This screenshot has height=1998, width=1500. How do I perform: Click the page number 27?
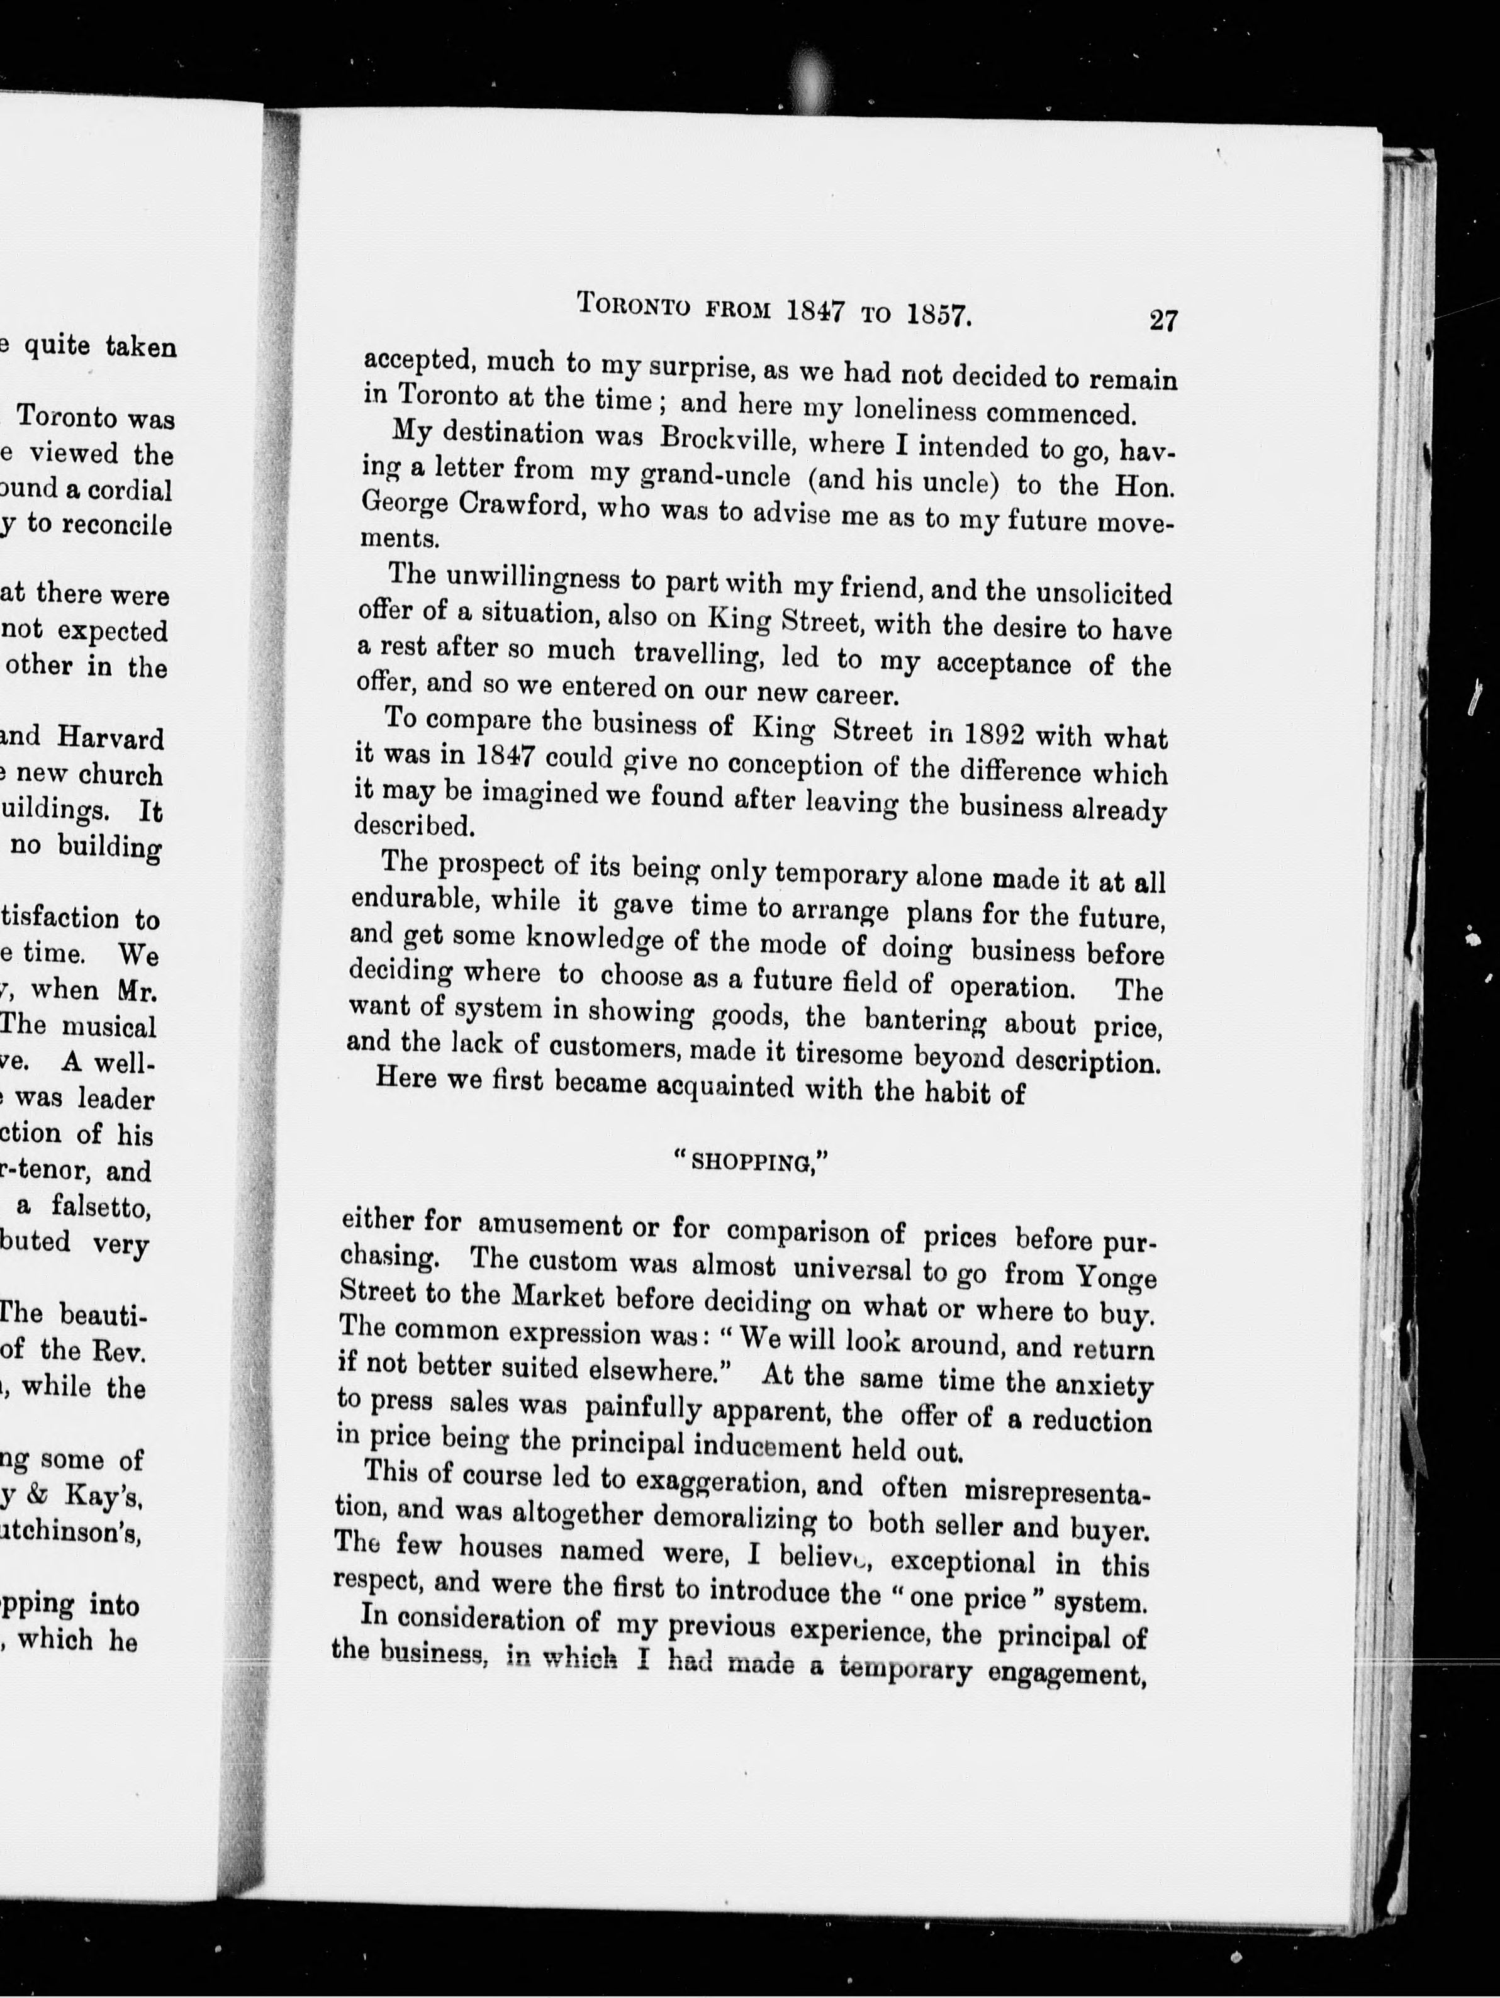[1163, 320]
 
